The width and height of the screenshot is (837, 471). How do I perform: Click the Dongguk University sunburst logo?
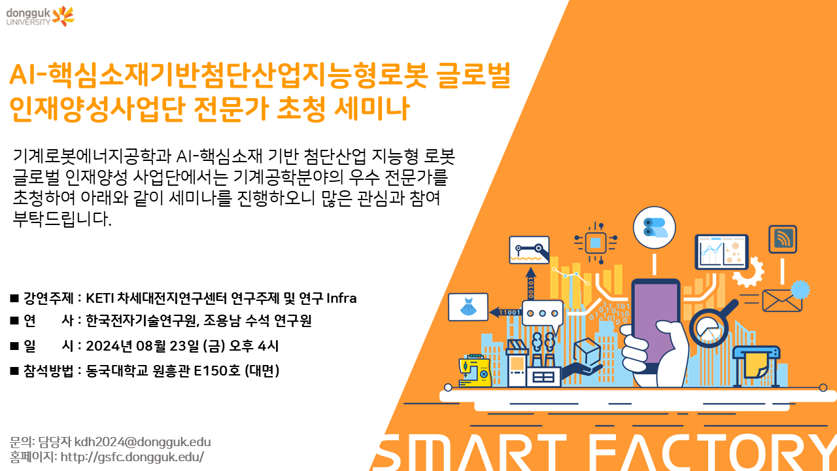coord(63,16)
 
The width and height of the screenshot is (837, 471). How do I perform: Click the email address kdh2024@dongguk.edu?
coord(143,442)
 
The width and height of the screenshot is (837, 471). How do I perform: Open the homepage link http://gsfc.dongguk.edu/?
coord(132,457)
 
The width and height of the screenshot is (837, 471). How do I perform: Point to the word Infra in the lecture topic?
coord(341,298)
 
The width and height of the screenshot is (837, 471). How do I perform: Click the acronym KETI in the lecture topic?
coord(100,298)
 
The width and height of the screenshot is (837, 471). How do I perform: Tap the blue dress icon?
coord(468,307)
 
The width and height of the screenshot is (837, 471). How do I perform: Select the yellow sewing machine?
coord(475,370)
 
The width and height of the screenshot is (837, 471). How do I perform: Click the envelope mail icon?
coord(781,300)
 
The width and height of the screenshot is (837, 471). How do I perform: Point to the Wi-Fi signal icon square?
coord(783,239)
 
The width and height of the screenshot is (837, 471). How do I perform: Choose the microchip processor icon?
coord(595,243)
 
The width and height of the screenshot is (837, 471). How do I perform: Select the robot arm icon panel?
coord(529,250)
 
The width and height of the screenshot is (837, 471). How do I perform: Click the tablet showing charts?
coord(721,252)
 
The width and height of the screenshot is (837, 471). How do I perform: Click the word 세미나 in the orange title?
coord(372,109)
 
